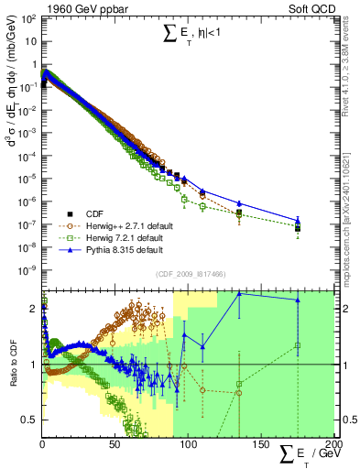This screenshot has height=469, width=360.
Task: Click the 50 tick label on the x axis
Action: coord(115,444)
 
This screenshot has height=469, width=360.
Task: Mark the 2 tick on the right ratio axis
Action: coord(346,310)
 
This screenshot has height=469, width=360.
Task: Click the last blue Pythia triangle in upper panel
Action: coord(297,220)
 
